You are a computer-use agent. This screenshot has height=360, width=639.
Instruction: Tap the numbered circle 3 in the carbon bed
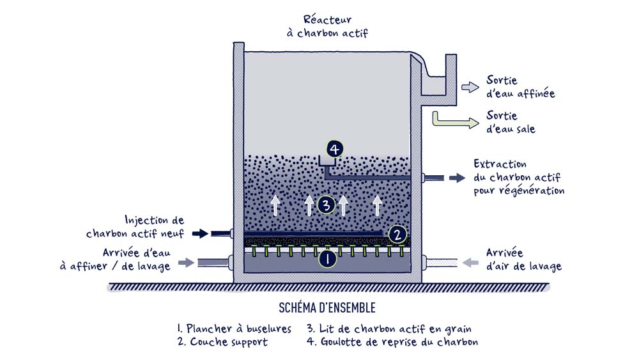[326, 205]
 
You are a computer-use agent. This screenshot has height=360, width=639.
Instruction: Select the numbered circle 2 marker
[397, 235]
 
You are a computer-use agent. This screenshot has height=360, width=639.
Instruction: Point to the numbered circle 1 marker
[327, 259]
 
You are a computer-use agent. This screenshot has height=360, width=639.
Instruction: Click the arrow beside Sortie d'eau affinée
[470, 88]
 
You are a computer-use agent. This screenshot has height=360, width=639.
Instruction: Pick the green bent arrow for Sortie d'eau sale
[452, 120]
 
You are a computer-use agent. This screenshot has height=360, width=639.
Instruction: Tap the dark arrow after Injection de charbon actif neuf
[200, 233]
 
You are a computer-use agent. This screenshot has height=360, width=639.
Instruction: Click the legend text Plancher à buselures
[234, 329]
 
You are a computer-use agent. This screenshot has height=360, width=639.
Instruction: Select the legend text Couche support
[223, 342]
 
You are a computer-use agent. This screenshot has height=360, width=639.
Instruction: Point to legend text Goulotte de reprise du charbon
[392, 342]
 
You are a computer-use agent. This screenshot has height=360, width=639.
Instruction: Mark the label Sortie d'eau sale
[511, 122]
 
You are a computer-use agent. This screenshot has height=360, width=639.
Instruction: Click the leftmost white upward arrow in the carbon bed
[276, 205]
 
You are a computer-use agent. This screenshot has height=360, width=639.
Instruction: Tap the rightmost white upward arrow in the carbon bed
[378, 205]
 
